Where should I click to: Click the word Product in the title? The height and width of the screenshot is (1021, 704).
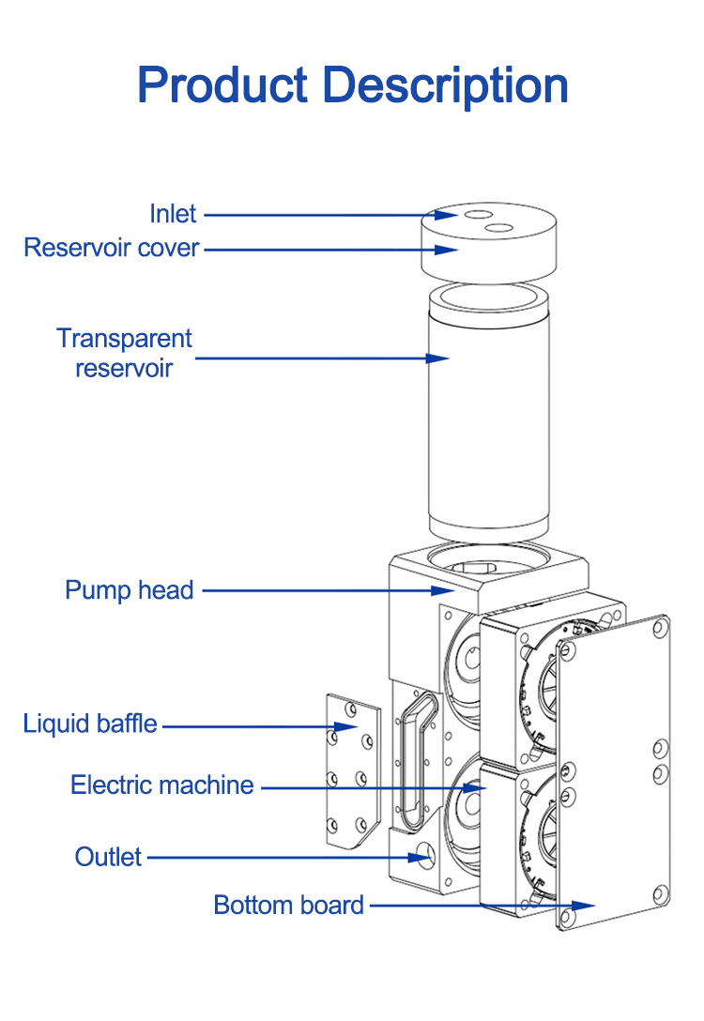[x=222, y=85]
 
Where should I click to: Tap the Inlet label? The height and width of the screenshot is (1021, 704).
[x=173, y=214]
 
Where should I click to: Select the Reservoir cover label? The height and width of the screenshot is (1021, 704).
[x=112, y=248]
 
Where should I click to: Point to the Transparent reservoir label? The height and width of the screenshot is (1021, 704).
[x=124, y=353]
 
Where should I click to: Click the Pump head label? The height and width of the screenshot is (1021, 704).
[x=129, y=590]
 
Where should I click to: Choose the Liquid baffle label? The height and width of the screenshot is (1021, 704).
[x=90, y=724]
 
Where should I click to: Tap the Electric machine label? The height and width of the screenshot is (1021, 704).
[x=162, y=785]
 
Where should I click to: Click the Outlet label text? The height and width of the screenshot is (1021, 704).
[x=109, y=857]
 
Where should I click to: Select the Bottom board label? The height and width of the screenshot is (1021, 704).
[x=288, y=906]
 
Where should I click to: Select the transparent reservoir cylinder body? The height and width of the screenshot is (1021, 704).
[x=486, y=432]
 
